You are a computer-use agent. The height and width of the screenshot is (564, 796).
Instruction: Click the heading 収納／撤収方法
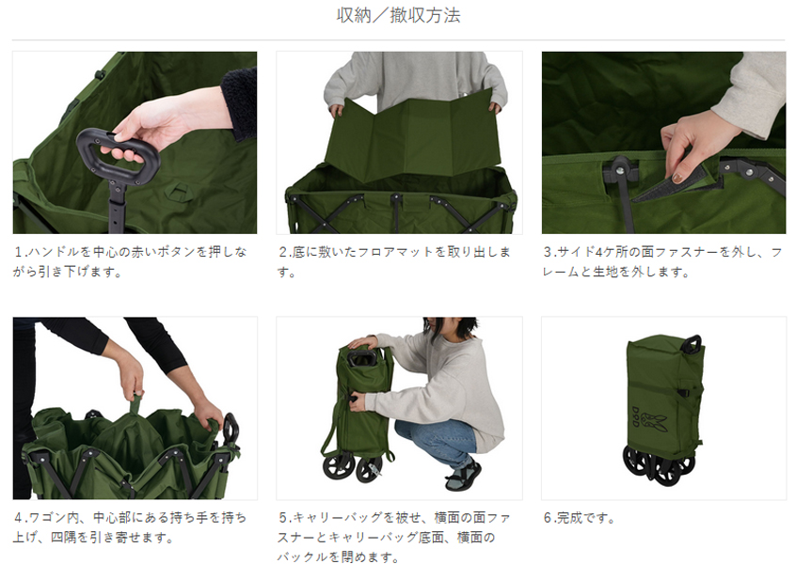[x=399, y=15]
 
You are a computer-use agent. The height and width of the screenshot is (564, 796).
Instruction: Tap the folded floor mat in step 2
[x=413, y=138]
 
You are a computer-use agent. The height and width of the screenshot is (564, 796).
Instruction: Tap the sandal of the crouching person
[x=463, y=476]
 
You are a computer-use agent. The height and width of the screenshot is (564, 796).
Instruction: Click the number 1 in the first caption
[x=18, y=252]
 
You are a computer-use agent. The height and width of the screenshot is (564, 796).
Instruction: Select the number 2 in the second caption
[x=283, y=252]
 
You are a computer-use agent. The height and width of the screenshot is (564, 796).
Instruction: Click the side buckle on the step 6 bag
[x=685, y=394]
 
